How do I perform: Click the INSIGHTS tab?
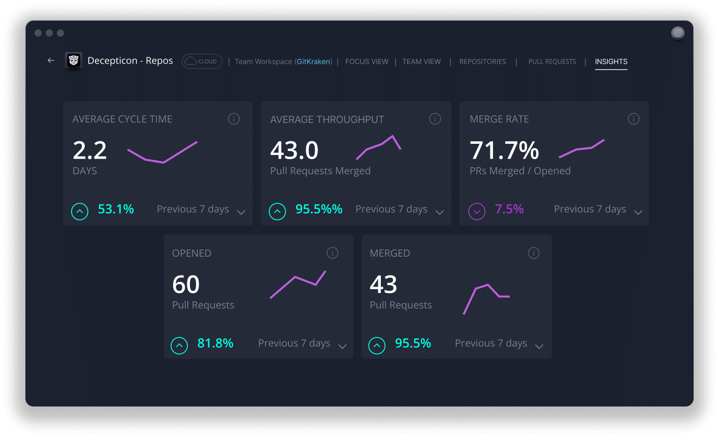coord(611,61)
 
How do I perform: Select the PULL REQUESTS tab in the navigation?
coord(552,61)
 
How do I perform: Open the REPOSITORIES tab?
coord(482,61)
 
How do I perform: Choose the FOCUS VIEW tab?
coord(367,61)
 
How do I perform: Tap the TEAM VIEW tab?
coord(421,61)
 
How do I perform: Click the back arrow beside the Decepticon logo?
coord(51,60)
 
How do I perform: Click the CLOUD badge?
coord(202,61)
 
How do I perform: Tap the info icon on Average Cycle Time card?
coord(234,119)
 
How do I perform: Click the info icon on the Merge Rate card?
coord(633,119)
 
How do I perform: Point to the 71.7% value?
coord(504,150)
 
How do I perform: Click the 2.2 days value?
coord(90,150)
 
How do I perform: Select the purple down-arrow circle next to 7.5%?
coord(477,211)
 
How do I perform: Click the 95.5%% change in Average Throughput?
coord(319,209)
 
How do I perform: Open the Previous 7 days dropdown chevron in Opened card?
coord(342,347)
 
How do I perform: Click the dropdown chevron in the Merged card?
coord(539,347)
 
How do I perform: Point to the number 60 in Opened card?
coord(186,285)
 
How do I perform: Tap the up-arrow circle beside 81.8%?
coord(179,346)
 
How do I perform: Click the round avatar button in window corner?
coord(677,33)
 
